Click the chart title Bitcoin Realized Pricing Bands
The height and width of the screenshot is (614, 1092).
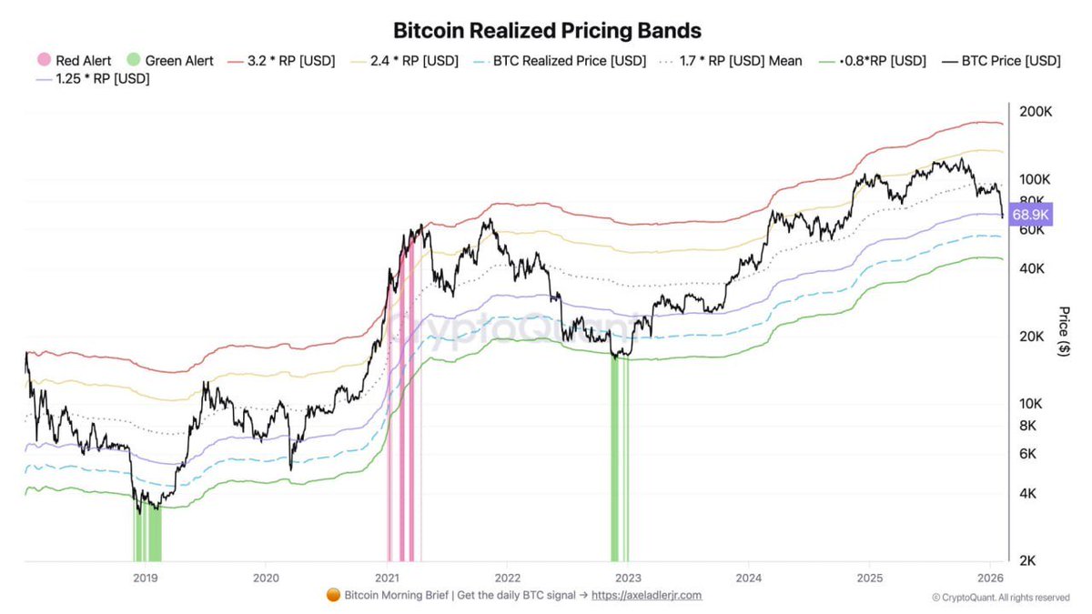point(547,30)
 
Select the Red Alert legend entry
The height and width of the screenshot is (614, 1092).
point(74,61)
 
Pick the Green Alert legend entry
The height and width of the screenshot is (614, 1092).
point(170,61)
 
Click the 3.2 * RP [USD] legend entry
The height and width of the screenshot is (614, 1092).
point(281,61)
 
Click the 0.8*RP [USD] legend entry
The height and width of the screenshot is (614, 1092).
point(874,61)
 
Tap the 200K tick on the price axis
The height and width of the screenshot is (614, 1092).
point(1035,112)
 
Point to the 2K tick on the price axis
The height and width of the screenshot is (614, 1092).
point(1027,561)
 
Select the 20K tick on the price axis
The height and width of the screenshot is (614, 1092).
point(1031,337)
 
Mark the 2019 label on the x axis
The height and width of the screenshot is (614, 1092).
point(145,578)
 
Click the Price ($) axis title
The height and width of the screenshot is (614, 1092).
point(1064,331)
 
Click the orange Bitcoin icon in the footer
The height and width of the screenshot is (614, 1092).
point(333,595)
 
